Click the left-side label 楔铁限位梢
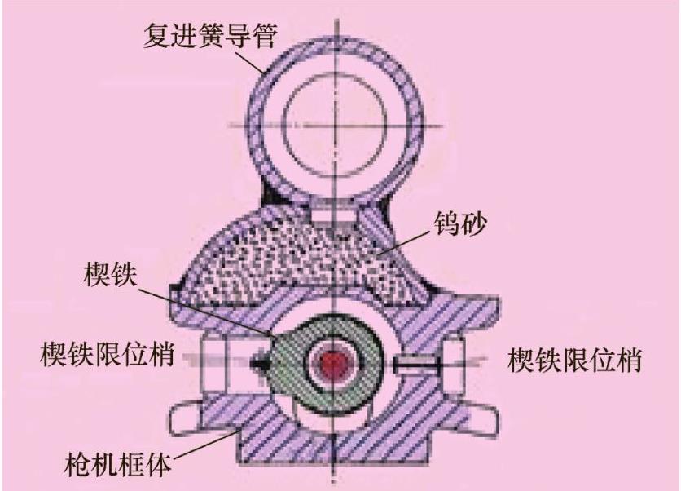tap(106, 356)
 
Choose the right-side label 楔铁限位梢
tap(574, 359)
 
